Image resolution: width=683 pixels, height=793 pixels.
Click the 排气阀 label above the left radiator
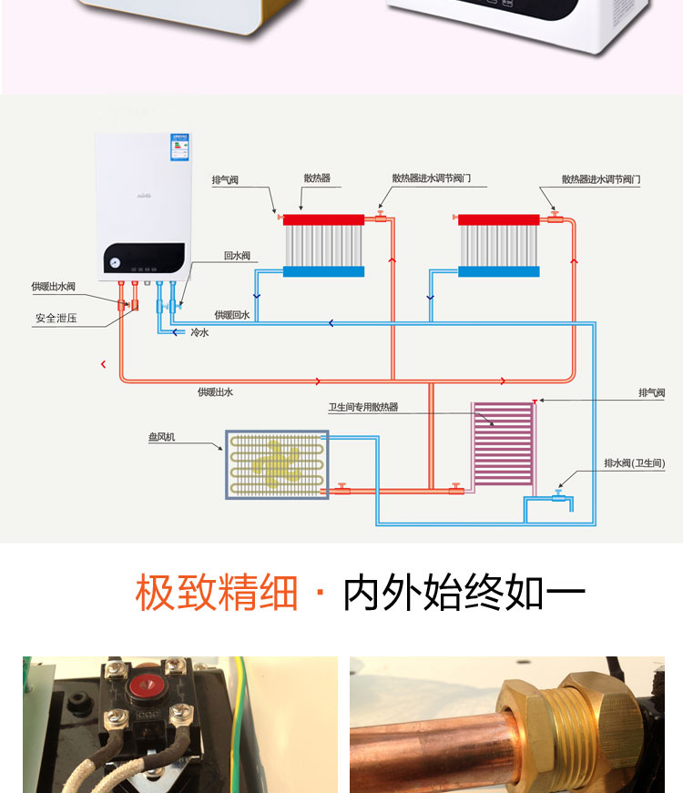(x=225, y=180)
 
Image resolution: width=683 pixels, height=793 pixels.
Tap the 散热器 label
(x=317, y=178)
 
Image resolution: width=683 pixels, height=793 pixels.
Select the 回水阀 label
(x=237, y=256)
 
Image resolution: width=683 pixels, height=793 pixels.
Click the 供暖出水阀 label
(x=53, y=287)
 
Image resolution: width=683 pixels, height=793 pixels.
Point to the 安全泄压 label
(x=53, y=319)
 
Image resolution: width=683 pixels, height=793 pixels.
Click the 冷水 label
(x=199, y=333)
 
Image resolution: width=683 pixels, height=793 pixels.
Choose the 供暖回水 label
(x=232, y=315)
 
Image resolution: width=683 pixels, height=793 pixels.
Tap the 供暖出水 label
(x=216, y=391)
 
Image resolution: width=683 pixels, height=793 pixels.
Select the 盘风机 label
(x=161, y=438)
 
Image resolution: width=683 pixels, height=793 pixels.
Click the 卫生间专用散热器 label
(x=363, y=408)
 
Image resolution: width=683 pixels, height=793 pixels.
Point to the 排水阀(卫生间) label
(x=635, y=463)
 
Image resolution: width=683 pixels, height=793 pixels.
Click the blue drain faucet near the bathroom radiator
(x=557, y=496)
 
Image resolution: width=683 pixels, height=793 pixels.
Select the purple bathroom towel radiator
(x=504, y=445)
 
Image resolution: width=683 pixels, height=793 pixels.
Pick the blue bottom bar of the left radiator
(x=323, y=271)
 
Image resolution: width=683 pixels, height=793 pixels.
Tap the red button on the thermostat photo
(x=145, y=685)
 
